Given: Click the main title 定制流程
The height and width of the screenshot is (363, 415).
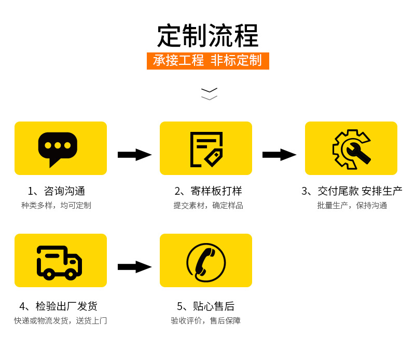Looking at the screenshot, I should click(208, 36).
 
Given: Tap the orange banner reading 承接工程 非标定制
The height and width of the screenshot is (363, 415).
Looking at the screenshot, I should click(208, 61).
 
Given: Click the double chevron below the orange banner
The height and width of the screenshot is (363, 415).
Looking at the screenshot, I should click(209, 94).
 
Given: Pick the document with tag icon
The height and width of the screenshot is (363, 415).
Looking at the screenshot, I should click(206, 149).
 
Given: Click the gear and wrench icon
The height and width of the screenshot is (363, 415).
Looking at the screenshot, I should click(351, 149).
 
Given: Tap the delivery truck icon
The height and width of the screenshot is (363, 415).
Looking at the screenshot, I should click(59, 261).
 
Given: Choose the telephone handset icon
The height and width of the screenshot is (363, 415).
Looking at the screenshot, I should click(206, 262).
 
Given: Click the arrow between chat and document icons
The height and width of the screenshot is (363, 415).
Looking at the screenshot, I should click(134, 155).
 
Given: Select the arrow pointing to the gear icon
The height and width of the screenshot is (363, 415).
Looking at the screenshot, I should click(279, 155).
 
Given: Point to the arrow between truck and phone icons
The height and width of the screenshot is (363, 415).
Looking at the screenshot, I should click(134, 267).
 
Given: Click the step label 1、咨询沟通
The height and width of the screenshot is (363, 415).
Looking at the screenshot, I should click(57, 191).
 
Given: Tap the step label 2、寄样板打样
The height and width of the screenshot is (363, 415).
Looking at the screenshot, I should click(208, 191).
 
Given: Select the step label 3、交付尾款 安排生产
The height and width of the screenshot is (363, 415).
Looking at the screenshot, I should click(352, 191).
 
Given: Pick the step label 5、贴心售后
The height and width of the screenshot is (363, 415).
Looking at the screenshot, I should click(205, 306).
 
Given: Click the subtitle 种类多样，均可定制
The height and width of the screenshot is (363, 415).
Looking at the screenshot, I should click(56, 206).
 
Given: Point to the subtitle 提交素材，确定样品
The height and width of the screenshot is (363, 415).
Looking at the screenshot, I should click(208, 206).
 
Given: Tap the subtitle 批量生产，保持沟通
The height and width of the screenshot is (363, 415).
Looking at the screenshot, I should click(352, 206).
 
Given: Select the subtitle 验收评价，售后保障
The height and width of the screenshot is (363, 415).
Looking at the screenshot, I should click(206, 321).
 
